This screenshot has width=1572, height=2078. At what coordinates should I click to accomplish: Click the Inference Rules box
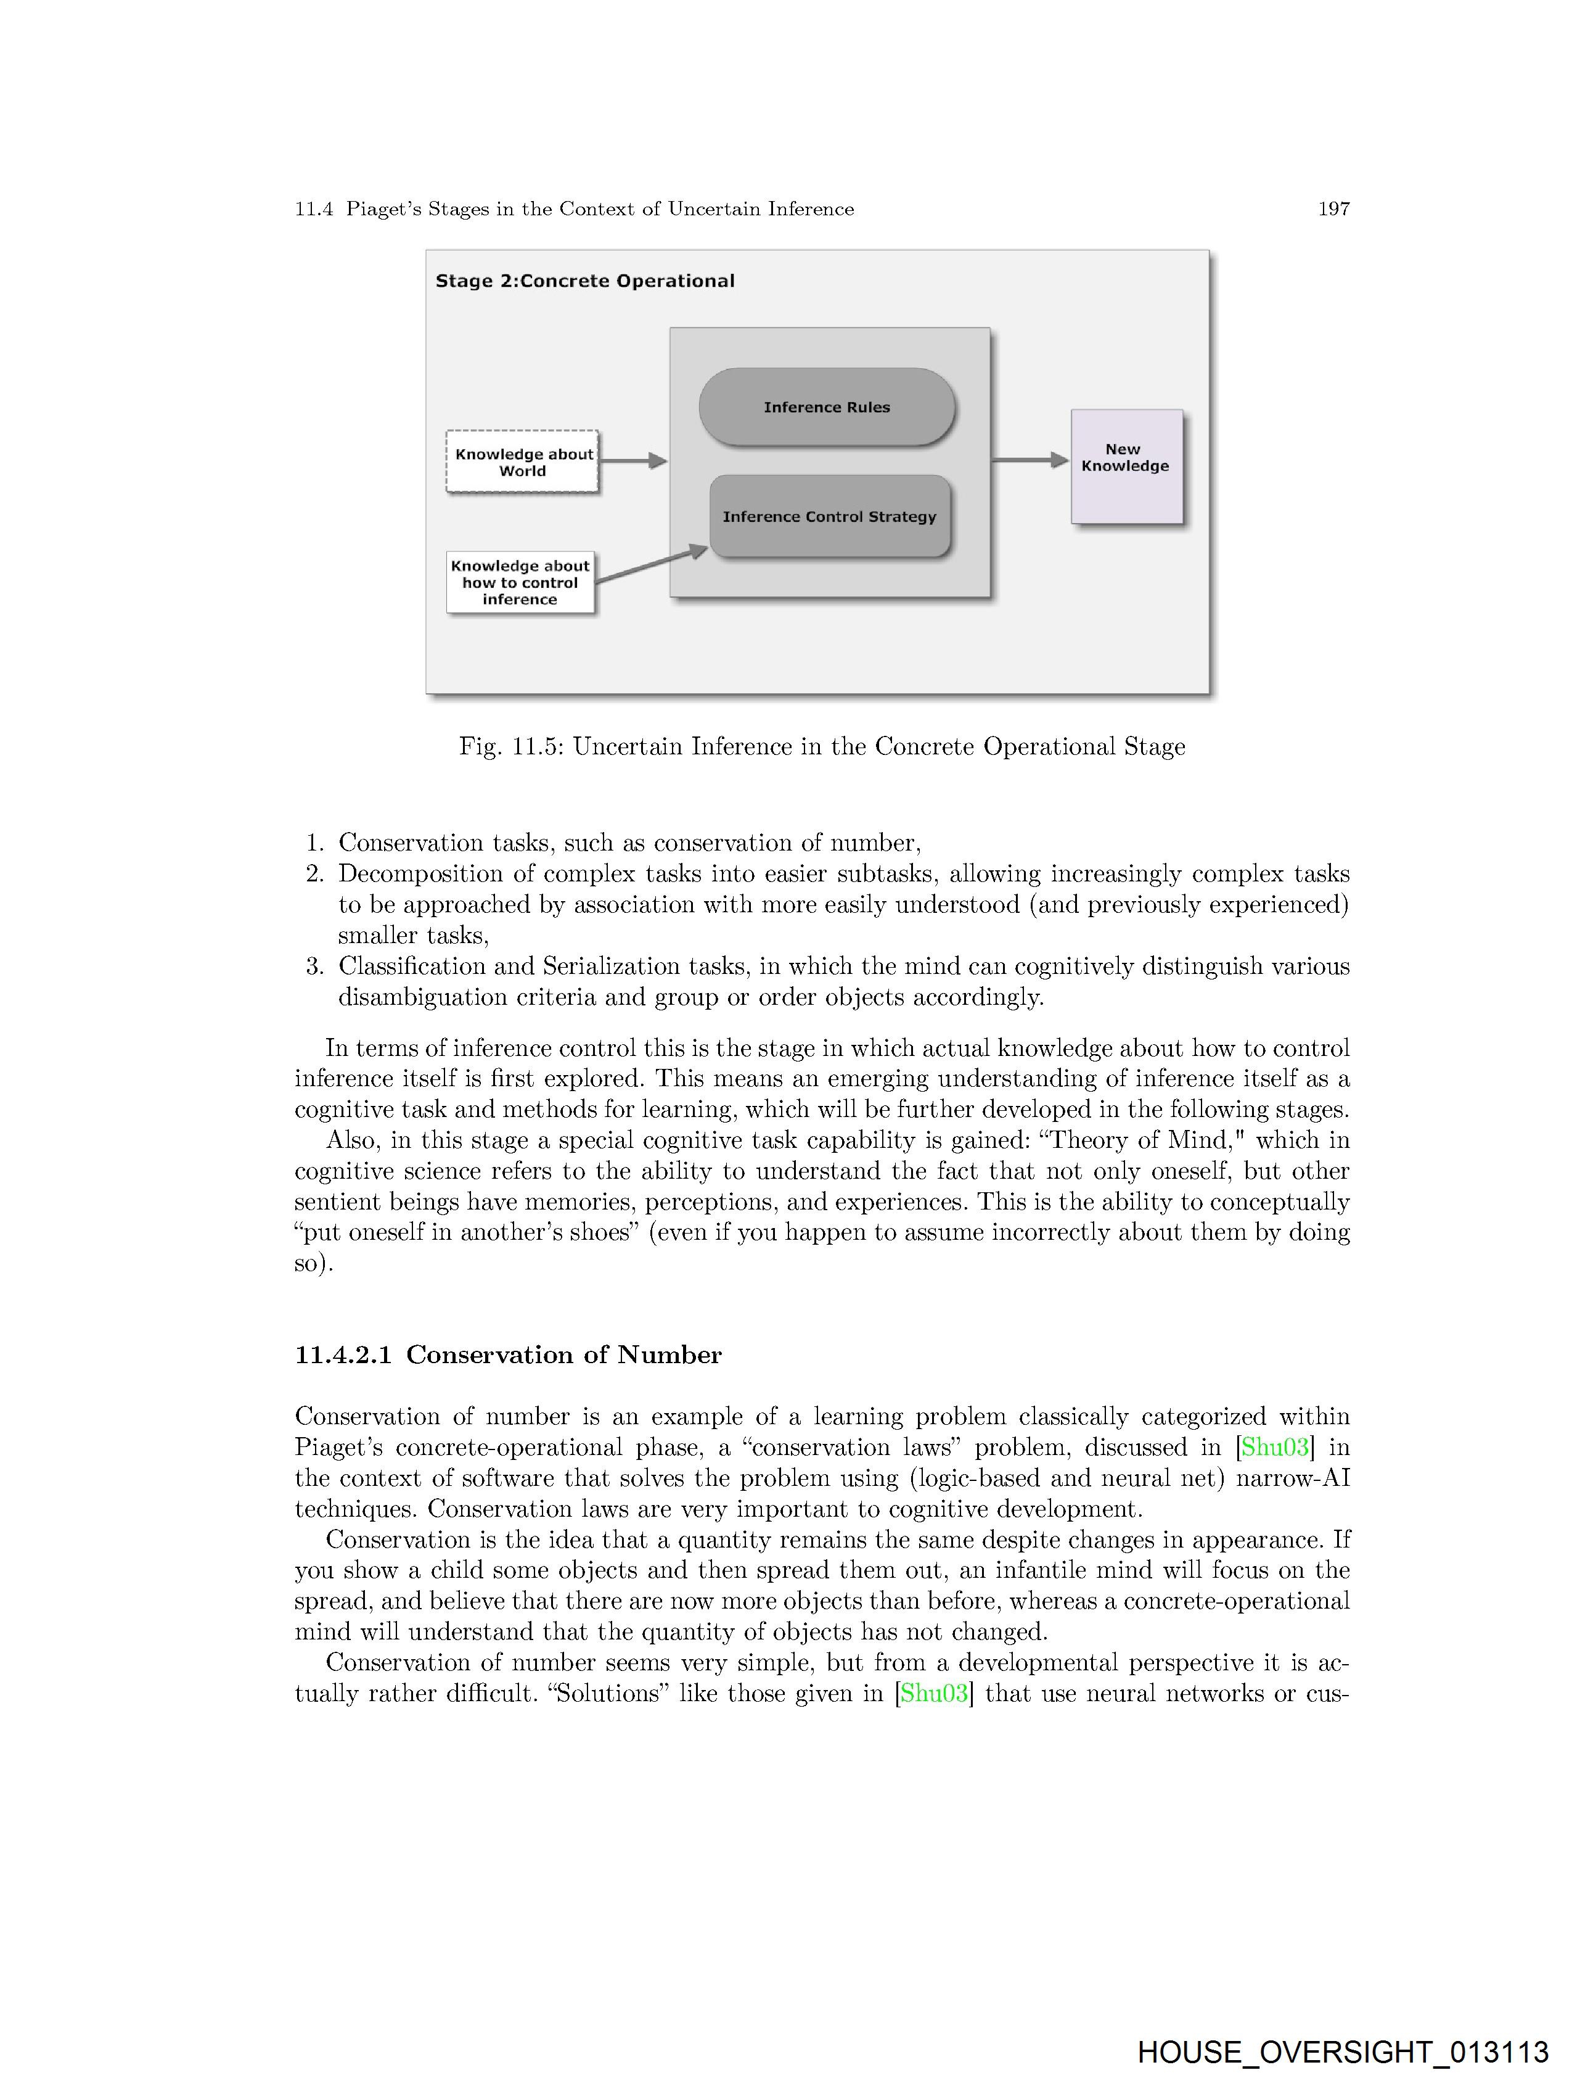coord(827,406)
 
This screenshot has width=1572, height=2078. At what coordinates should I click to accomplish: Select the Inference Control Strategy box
coord(829,516)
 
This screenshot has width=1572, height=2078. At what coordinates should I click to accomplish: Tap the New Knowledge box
coord(1126,466)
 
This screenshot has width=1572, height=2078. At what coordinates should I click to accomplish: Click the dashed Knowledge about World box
coord(522,461)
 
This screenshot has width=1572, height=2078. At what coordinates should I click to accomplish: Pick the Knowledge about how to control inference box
coord(520,582)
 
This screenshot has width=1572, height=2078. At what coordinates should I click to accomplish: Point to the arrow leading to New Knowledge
coord(1030,460)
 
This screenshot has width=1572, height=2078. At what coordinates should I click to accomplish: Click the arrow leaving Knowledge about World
coord(632,460)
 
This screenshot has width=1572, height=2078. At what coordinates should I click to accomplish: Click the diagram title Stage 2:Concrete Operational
coord(584,281)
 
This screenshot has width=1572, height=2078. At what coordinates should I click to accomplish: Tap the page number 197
coord(1333,208)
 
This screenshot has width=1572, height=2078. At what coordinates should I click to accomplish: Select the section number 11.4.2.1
coord(343,1354)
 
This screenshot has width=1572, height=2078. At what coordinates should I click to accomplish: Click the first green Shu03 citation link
coord(1274,1447)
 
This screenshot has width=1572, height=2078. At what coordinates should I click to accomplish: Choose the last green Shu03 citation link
coord(933,1693)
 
